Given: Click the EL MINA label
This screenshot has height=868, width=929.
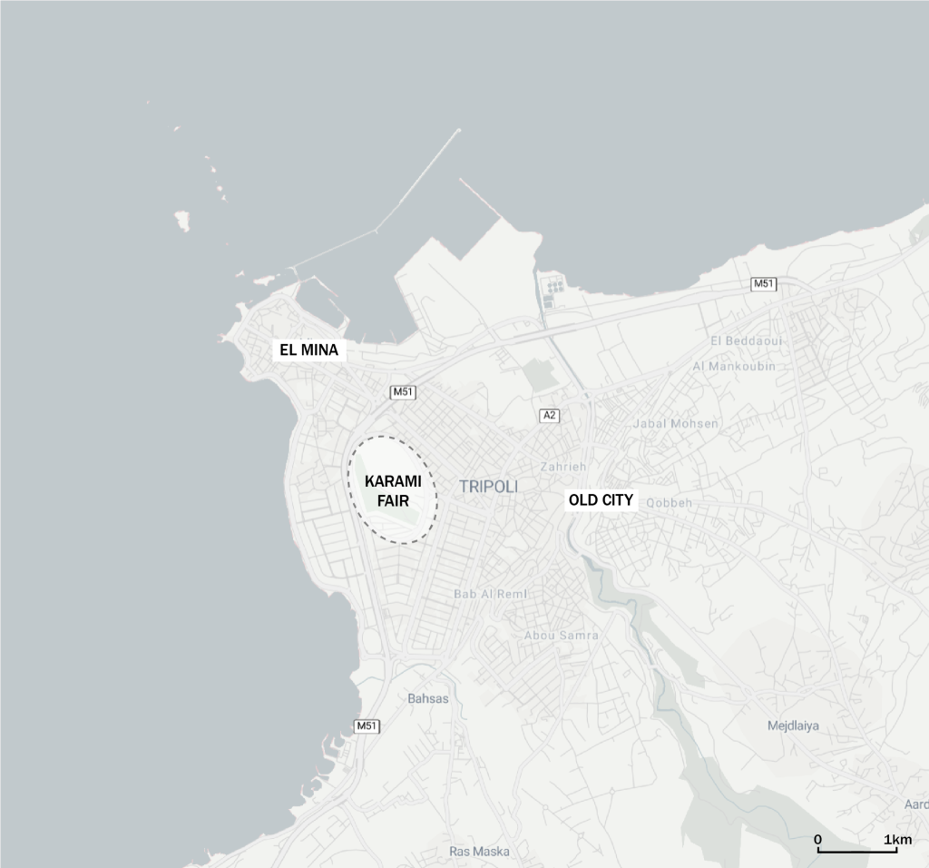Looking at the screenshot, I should [308, 350].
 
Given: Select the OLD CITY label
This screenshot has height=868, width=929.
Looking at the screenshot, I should [601, 499].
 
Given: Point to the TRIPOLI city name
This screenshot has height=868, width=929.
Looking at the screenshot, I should [488, 487].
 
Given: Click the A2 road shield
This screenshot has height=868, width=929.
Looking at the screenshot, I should [549, 416].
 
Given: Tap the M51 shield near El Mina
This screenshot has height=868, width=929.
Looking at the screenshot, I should [403, 392].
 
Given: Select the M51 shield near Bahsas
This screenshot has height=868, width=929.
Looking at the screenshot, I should [367, 726].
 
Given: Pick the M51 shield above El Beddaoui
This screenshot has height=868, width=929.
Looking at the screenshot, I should [765, 284].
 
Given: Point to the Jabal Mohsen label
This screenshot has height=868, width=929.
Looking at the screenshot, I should [675, 423].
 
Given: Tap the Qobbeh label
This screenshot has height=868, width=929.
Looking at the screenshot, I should [669, 503].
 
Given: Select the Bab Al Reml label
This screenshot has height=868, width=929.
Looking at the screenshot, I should [491, 594].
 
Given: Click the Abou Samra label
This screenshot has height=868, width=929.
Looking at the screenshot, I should [562, 636].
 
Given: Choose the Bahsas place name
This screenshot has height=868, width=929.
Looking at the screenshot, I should [428, 698].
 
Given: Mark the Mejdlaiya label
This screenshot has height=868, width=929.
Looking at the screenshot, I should [793, 725].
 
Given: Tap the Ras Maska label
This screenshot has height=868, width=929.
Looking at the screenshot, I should [479, 852].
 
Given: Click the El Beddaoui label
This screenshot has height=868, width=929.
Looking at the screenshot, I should [747, 340].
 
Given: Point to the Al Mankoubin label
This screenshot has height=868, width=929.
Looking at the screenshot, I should [734, 366].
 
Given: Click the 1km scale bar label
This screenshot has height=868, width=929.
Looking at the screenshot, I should [898, 840].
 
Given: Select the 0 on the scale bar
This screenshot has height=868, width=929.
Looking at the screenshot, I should [817, 840].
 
